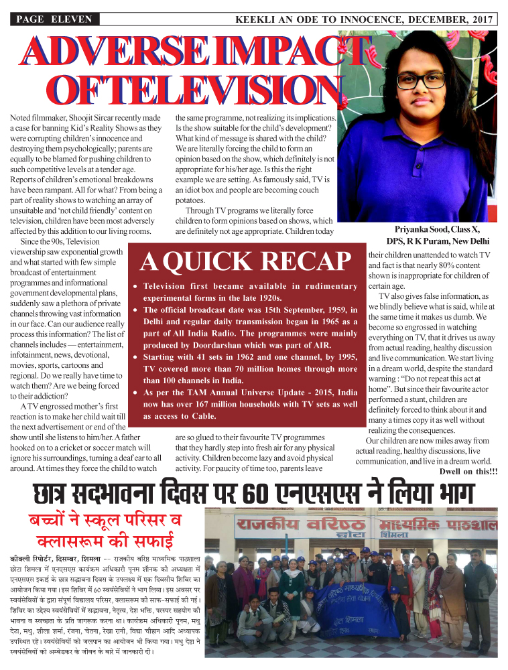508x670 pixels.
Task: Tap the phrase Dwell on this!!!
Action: pyautogui.click(x=468, y=470)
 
